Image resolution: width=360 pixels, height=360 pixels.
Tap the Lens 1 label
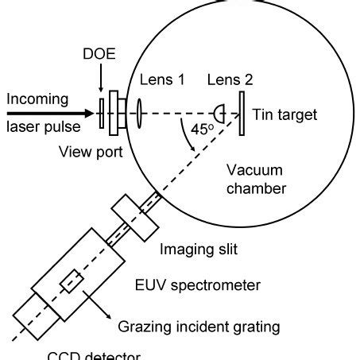pyautogui.click(x=162, y=79)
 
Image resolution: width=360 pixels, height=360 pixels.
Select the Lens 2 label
pyautogui.click(x=230, y=79)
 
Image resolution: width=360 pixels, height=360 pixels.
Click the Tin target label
pyautogui.click(x=285, y=115)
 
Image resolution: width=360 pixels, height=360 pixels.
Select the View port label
pyautogui.click(x=91, y=153)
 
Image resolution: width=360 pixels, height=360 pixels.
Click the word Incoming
pyautogui.click(x=38, y=100)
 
